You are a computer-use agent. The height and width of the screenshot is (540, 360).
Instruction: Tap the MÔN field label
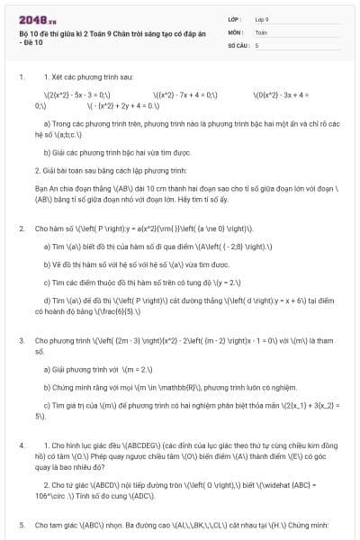(237, 31)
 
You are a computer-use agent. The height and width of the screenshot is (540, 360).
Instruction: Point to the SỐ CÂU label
(238, 44)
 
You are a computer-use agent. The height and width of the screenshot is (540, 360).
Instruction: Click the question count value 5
(256, 44)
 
